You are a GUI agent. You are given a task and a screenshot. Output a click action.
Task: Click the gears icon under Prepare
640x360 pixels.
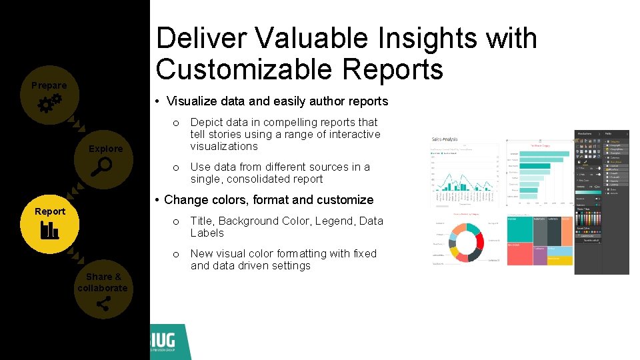pyautogui.click(x=49, y=103)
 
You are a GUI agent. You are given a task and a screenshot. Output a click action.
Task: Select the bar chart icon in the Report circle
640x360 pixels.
pyautogui.click(x=49, y=230)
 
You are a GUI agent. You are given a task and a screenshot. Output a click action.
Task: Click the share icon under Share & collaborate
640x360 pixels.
pyautogui.click(x=103, y=305)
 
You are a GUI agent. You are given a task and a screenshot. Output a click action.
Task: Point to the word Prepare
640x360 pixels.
pyautogui.click(x=49, y=85)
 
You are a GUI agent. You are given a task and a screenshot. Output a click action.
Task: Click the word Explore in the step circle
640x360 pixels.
pyautogui.click(x=106, y=149)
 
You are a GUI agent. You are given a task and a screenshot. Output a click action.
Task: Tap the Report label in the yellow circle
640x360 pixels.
pyautogui.click(x=50, y=211)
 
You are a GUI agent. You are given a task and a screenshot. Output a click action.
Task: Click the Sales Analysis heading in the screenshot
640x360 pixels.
pyautogui.click(x=445, y=140)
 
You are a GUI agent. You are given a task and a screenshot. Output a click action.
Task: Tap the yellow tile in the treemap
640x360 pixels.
pyautogui.click(x=560, y=260)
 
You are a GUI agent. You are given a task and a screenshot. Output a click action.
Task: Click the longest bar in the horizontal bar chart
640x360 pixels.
pyautogui.click(x=544, y=153)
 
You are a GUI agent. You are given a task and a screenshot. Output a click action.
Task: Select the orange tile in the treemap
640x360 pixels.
pyautogui.click(x=567, y=230)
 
